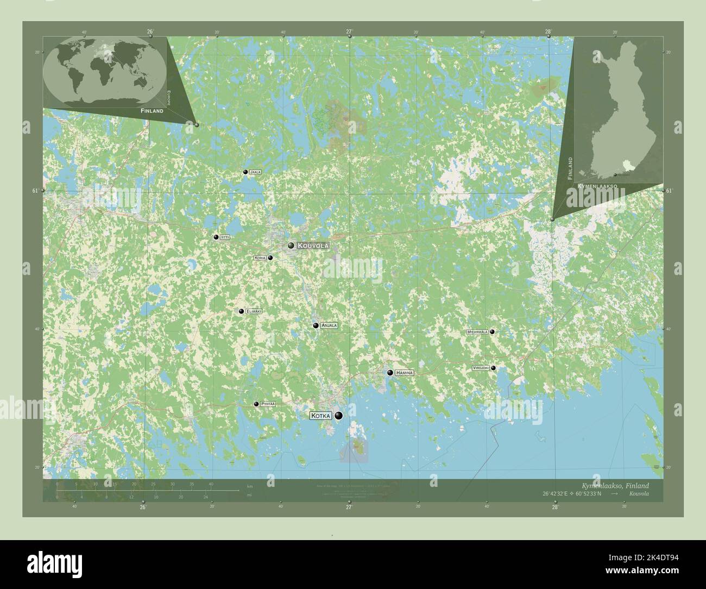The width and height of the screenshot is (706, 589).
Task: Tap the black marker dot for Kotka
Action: [x=339, y=416]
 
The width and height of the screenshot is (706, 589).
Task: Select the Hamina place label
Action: [x=405, y=373]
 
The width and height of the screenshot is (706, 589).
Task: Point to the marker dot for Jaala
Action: [x=245, y=172]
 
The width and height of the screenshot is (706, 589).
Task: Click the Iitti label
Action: [x=224, y=237]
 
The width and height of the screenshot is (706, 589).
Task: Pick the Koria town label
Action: [x=260, y=258]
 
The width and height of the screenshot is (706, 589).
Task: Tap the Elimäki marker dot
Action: [x=241, y=311]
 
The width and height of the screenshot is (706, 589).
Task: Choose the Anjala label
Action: [x=329, y=325]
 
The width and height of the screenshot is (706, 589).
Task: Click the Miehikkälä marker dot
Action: [x=492, y=331]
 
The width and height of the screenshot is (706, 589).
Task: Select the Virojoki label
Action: [x=481, y=368]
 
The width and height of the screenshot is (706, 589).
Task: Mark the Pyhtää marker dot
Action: [x=256, y=404]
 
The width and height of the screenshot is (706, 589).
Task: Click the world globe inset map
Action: [x=104, y=70]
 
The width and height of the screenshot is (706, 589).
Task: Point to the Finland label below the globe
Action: [x=152, y=110]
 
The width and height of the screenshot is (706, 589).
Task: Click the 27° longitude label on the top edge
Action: [x=349, y=32]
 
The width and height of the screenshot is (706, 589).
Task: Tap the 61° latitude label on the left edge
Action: [x=35, y=191]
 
